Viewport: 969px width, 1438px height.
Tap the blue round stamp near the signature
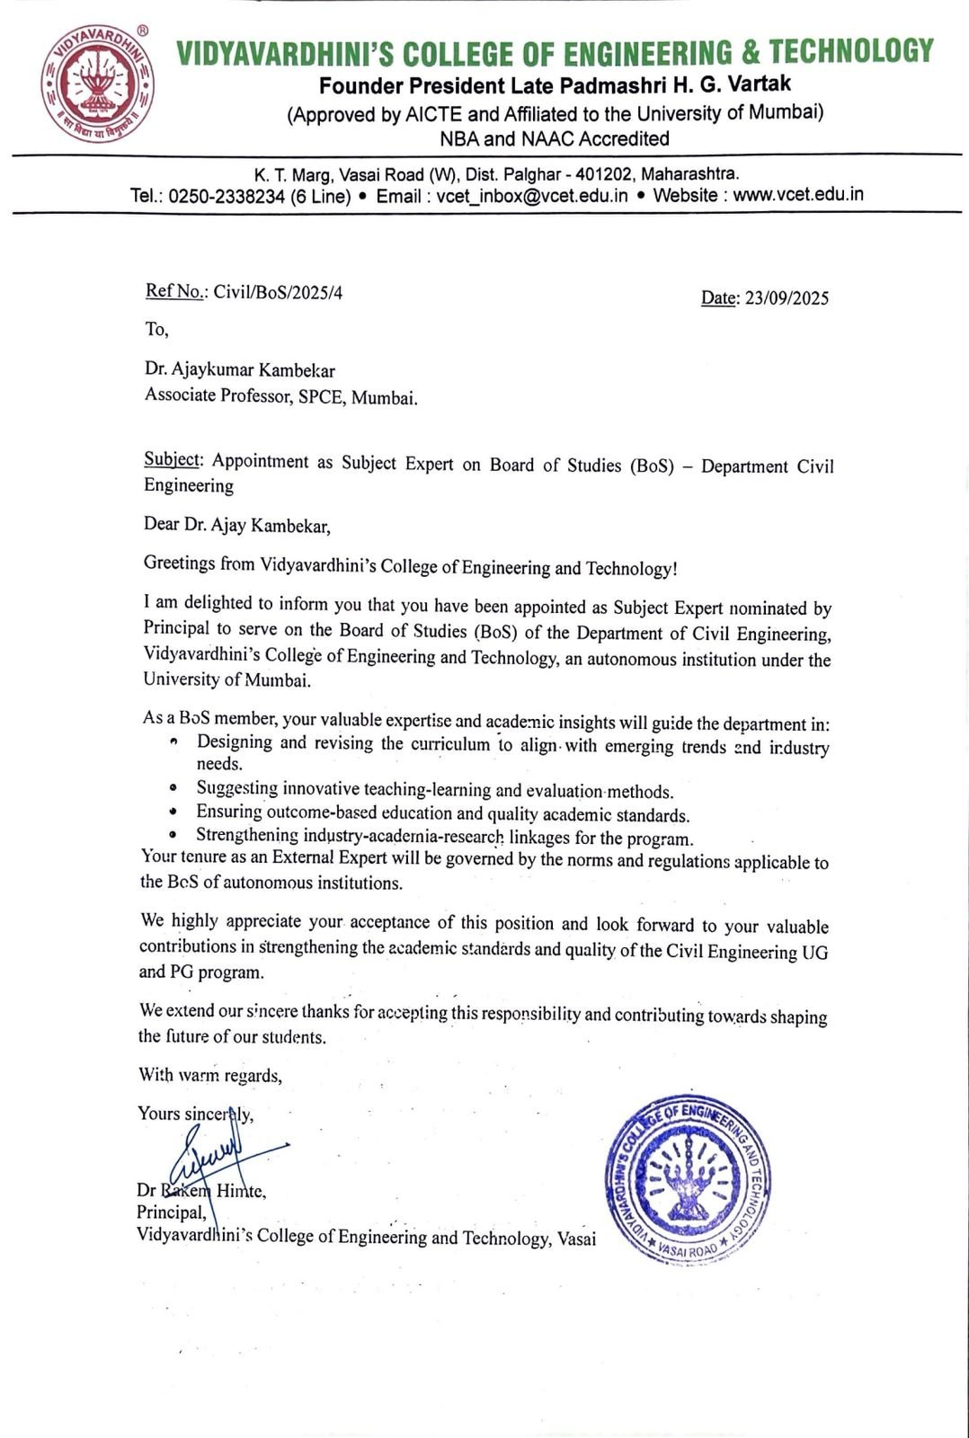coord(688,1178)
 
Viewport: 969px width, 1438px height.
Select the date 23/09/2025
coord(784,298)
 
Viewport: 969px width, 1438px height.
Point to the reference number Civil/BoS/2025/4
coord(278,292)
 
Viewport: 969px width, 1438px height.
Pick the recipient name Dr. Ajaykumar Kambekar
coord(240,369)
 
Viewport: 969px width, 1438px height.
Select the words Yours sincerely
coord(195,1114)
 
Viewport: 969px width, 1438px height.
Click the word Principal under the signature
coord(170,1212)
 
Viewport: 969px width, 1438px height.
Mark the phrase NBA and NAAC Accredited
coord(555,138)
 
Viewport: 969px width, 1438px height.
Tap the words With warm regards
coord(209,1075)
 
